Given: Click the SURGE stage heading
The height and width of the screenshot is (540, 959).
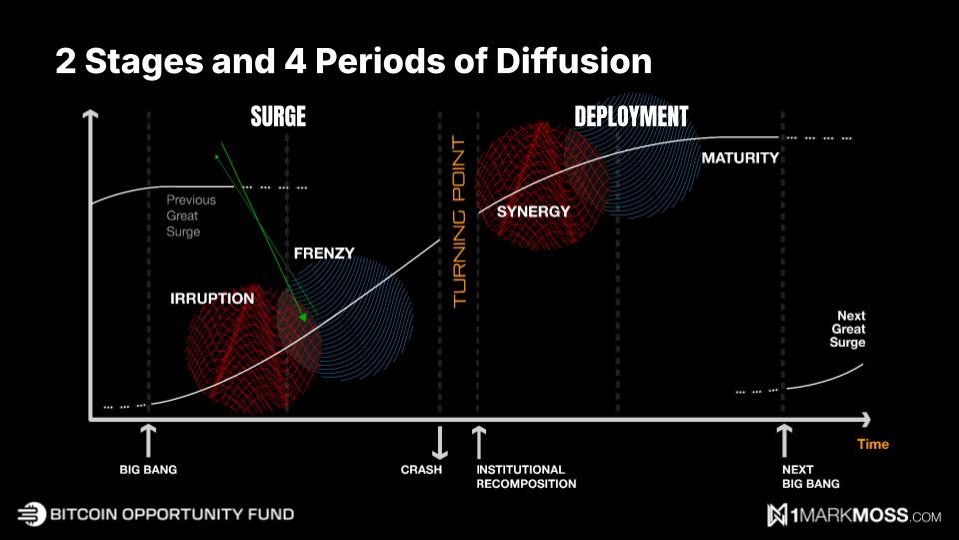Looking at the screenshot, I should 278,117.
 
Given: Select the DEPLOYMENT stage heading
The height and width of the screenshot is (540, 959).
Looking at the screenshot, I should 631,117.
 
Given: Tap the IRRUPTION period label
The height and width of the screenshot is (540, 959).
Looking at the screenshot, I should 212,299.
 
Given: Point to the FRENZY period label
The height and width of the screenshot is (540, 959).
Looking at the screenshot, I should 324,253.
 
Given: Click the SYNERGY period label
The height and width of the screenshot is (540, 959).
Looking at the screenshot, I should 533,211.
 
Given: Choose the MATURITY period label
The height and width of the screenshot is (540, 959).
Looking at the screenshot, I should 740,158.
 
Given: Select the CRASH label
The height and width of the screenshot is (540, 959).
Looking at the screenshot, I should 421,469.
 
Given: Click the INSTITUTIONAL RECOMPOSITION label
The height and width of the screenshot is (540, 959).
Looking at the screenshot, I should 526,476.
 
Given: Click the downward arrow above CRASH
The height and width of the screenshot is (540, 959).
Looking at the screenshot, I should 439,441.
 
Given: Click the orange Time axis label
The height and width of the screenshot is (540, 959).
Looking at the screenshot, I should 872,444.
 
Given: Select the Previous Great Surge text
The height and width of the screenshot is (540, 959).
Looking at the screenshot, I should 190,216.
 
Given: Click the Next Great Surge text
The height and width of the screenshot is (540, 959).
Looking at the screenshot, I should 848,329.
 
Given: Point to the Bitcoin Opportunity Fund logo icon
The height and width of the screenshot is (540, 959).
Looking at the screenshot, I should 32,514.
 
